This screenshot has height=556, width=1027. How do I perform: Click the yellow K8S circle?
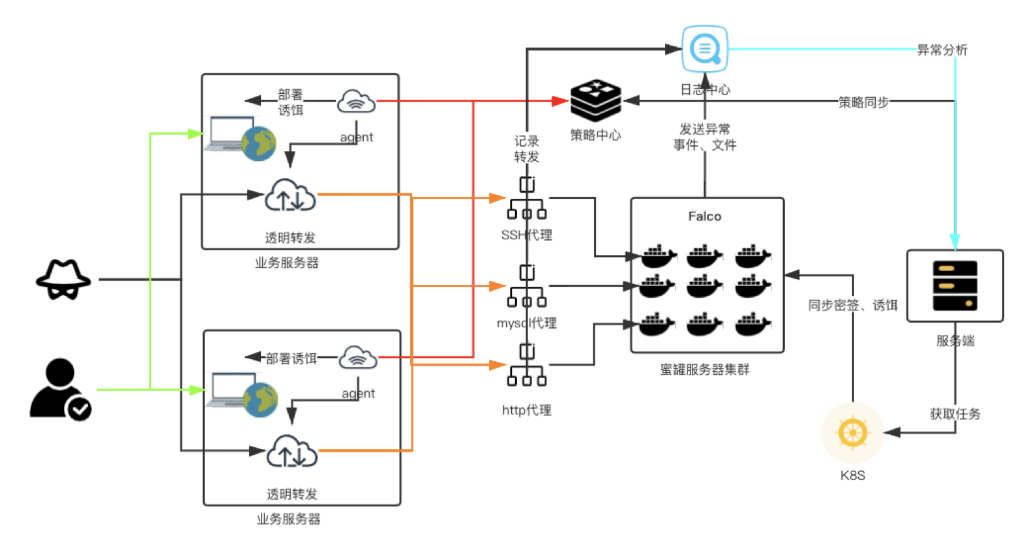[x=852, y=433]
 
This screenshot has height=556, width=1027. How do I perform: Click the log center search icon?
[x=705, y=49]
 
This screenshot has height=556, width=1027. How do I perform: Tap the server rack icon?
[x=955, y=285]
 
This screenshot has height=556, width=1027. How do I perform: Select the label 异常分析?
[x=942, y=50]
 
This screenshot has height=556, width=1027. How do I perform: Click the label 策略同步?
[x=864, y=102]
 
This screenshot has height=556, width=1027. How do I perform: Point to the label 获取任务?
[x=955, y=413]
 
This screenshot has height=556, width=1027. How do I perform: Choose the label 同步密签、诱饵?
[x=853, y=304]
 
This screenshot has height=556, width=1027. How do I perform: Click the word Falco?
[x=705, y=216]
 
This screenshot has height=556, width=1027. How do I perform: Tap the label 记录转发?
[x=527, y=149]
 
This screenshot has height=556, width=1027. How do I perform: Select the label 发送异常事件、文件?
[x=705, y=136]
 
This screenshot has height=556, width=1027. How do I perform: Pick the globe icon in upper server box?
[x=259, y=143]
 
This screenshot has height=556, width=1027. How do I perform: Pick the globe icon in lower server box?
[x=261, y=400]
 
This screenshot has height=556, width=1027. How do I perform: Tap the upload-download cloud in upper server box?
[x=290, y=195]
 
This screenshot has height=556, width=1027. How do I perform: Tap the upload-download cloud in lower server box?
[x=292, y=451]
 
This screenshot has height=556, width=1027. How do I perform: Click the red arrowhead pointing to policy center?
[x=560, y=101]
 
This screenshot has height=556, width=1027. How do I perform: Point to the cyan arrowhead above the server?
[x=955, y=242]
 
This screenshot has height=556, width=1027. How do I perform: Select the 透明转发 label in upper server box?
[x=290, y=238]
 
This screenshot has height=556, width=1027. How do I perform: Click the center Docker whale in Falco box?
[x=705, y=285]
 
